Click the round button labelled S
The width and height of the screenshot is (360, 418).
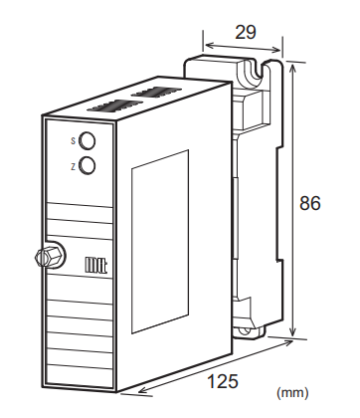pyautogui.click(x=88, y=141)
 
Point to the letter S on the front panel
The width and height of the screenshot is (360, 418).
pyautogui.click(x=72, y=141)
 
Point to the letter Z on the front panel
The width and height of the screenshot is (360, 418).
pyautogui.click(x=72, y=165)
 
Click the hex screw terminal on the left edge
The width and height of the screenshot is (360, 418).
pyautogui.click(x=45, y=256)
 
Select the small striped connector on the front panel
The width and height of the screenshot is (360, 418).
pyautogui.click(x=95, y=266)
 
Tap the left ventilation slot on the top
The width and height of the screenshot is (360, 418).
pyautogui.click(x=110, y=104)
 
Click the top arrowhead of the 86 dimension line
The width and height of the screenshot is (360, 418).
pyautogui.click(x=292, y=65)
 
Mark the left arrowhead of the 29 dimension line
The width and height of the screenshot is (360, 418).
pyautogui.click(x=206, y=44)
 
